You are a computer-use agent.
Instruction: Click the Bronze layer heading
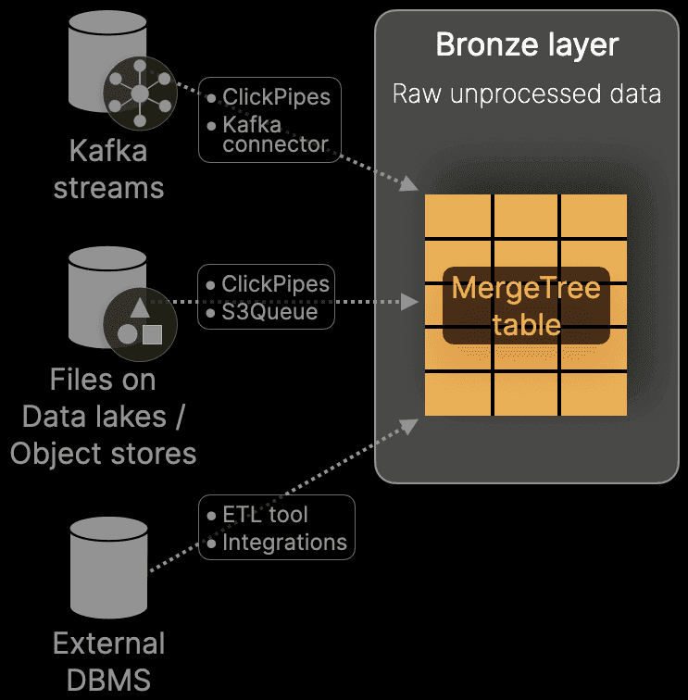pos(527,45)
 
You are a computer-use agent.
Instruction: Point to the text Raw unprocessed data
pos(527,94)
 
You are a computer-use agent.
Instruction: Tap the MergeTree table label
pos(526,306)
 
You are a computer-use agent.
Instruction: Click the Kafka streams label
pos(108,169)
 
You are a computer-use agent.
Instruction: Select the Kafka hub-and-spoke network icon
pos(139,93)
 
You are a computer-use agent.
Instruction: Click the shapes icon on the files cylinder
pos(139,324)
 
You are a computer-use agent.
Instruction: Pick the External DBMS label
pos(108,661)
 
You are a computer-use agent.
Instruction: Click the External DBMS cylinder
pos(109,564)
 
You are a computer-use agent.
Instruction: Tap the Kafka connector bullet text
pos(275,134)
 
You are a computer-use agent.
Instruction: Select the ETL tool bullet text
pos(265,515)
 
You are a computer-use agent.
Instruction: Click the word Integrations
pos(284,543)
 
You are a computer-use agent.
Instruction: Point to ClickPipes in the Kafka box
pos(276,96)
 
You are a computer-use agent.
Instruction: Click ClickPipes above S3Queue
pos(276,284)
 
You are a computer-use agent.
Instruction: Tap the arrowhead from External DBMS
pos(408,423)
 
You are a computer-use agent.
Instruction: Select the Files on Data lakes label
pos(103,398)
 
